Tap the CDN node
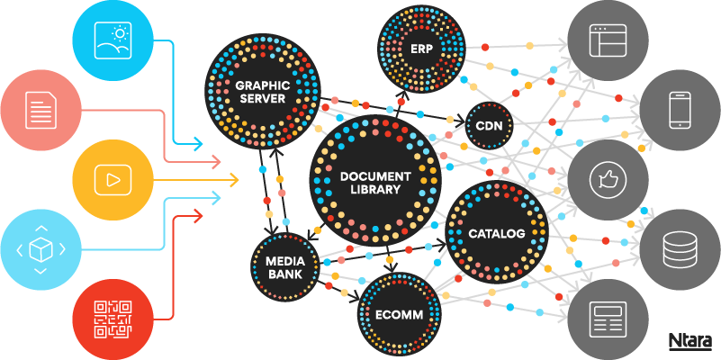tap(489, 126)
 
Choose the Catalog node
tap(496, 233)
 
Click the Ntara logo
tap(690, 341)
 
